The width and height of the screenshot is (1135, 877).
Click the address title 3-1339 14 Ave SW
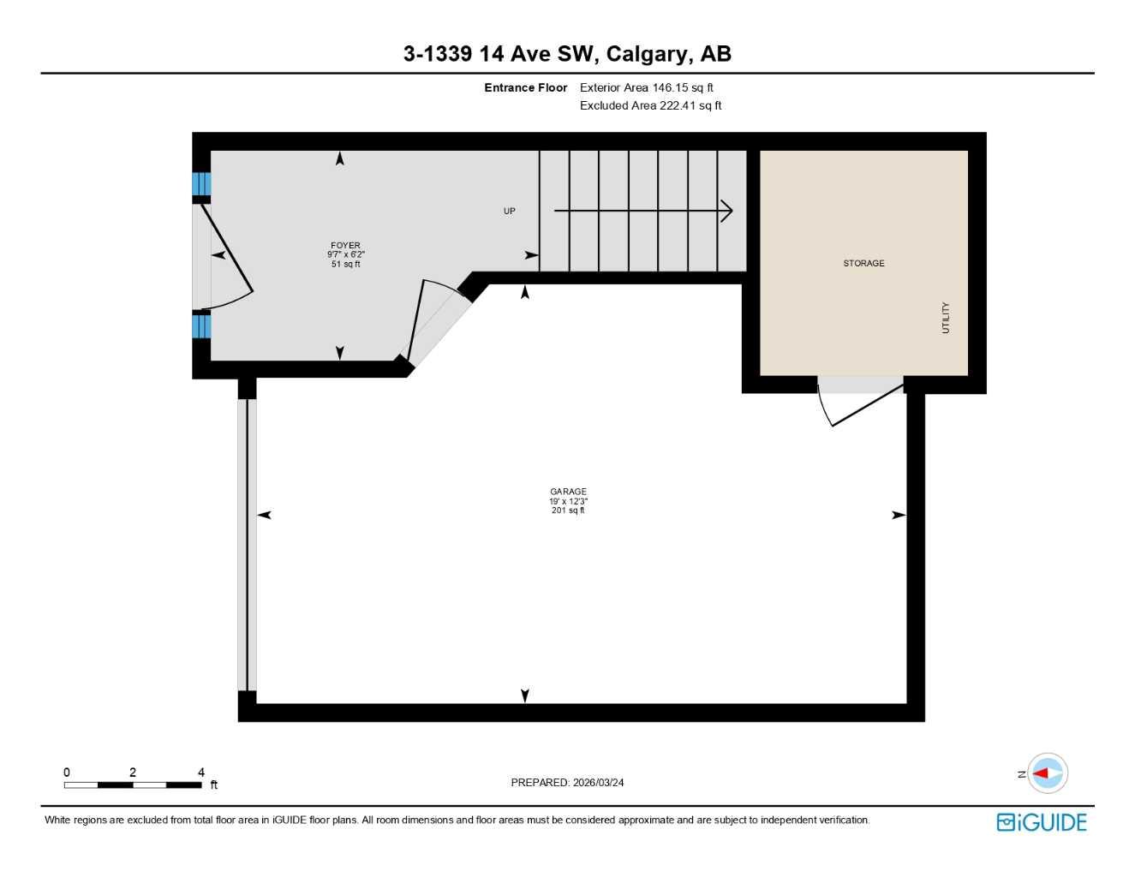(x=567, y=54)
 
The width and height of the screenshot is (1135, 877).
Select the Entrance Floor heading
(x=525, y=87)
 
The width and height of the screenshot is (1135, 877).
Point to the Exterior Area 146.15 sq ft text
(x=646, y=87)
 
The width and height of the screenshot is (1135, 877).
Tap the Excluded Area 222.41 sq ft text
(x=650, y=105)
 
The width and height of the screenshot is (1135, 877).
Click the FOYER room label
(x=345, y=245)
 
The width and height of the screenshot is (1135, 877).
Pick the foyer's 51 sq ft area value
(x=345, y=265)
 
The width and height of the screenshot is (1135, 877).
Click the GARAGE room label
(x=568, y=492)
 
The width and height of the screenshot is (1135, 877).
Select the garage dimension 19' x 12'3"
(x=568, y=501)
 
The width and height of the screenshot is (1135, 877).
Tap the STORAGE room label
(x=863, y=263)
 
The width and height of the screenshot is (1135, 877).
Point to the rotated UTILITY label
(x=946, y=318)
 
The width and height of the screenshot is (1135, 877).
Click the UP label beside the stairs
(x=510, y=211)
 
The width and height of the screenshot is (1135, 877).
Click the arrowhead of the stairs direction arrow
(x=727, y=211)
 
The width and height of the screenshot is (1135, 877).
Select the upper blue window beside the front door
(x=201, y=184)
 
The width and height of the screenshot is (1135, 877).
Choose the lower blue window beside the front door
(x=201, y=326)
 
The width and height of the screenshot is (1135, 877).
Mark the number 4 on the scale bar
(x=201, y=773)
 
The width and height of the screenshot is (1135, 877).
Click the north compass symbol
(x=1047, y=773)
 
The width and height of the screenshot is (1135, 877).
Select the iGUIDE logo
(x=1042, y=822)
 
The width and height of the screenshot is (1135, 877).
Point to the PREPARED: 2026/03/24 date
(x=567, y=782)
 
